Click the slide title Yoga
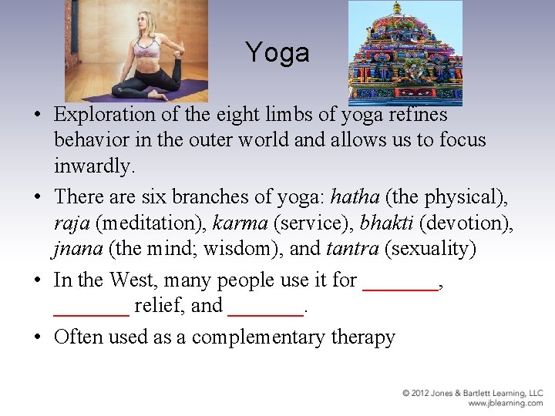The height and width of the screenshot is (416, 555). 277,52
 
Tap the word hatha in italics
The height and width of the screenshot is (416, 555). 351,198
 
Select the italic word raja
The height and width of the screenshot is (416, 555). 72,223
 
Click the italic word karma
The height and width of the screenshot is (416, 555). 239,223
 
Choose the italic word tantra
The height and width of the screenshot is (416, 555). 353,249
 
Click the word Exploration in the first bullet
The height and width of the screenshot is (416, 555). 105,115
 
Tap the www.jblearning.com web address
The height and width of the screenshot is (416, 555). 505,403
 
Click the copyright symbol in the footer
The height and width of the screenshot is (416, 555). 406,394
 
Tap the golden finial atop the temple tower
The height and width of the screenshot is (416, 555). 397,7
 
